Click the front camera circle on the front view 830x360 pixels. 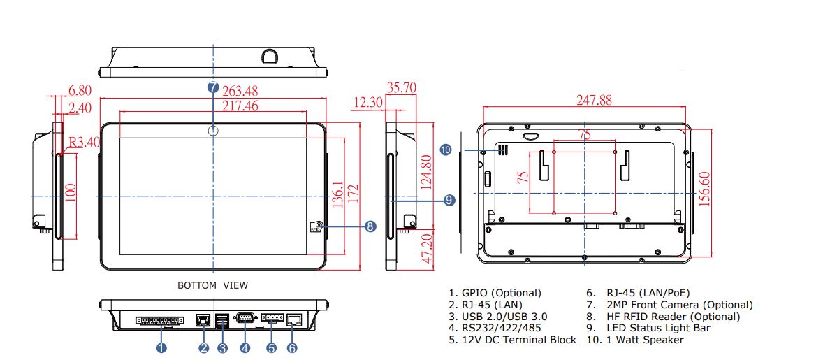pos(213,131)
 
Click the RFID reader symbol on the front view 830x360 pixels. pos(315,226)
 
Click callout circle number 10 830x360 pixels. pos(446,150)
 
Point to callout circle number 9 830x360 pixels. pos(449,200)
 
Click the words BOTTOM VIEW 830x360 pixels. pos(212,285)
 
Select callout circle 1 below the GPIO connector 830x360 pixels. pos(162,347)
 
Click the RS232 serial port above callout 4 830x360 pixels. pos(245,319)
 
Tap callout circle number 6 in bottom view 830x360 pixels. pos(292,347)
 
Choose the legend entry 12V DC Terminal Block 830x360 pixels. pos(512,340)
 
